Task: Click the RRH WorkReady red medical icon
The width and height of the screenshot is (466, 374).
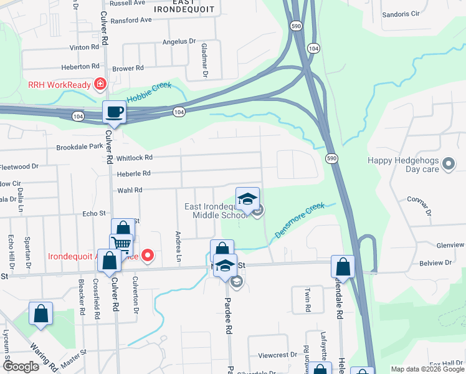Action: point(99,84)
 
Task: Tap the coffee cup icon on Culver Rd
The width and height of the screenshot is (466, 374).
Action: point(114,112)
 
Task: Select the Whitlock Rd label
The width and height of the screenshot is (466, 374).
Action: point(117,158)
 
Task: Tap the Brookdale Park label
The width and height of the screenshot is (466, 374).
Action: point(79,146)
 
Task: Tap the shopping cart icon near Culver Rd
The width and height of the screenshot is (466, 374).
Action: point(121,244)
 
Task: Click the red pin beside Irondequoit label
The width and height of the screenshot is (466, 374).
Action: point(148,254)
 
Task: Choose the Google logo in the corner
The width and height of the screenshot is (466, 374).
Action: point(21,367)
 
